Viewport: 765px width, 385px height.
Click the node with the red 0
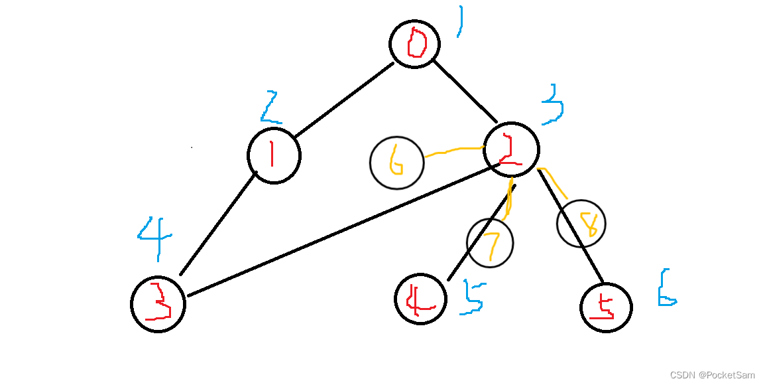point(415,44)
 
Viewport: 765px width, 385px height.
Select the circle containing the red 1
point(274,156)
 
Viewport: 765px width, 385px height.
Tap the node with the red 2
point(511,150)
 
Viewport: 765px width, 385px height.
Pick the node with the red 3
point(158,305)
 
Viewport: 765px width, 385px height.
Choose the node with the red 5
point(606,307)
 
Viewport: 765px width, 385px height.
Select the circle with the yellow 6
point(396,163)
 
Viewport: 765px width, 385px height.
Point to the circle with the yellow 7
point(490,242)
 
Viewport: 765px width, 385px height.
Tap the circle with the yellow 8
point(581,224)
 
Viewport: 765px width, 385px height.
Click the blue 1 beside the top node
point(459,21)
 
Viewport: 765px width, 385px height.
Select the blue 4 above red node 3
point(156,238)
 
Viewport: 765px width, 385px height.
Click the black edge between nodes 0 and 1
point(343,101)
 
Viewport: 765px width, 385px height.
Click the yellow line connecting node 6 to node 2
point(454,151)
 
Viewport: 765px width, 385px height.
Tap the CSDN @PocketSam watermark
point(712,375)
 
